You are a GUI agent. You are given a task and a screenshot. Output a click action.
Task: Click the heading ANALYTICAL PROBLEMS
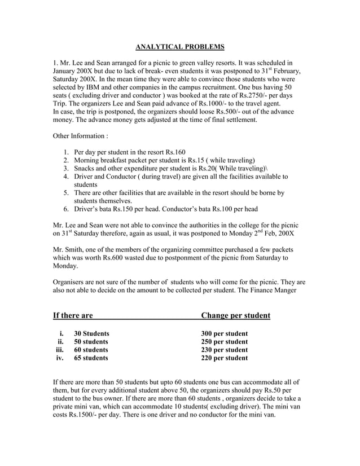[180, 46]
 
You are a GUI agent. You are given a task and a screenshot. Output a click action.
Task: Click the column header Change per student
[235, 315]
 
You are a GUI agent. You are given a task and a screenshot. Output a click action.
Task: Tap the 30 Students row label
[91, 333]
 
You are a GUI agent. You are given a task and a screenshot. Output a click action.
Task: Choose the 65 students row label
[91, 358]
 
